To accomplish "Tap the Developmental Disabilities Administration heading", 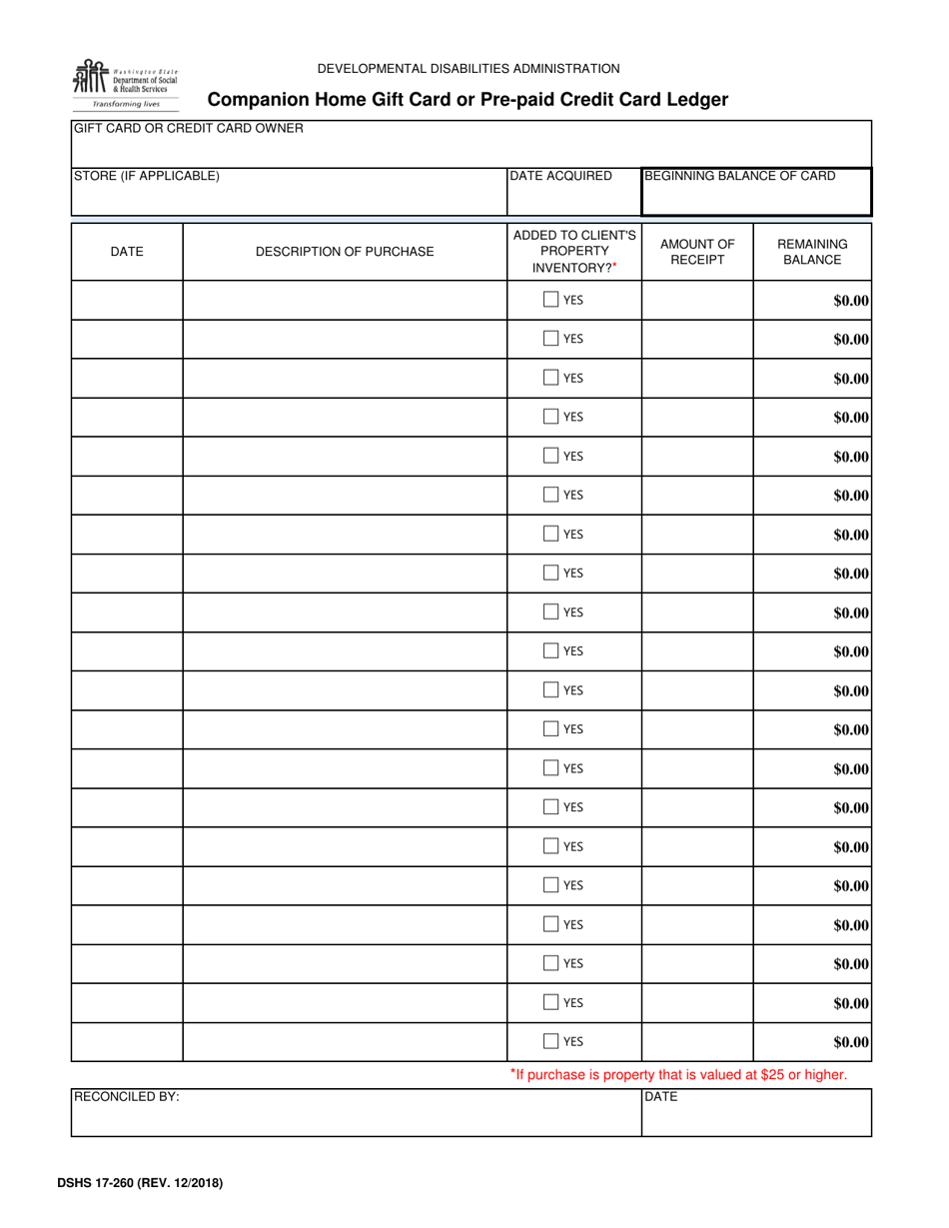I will pos(469,69).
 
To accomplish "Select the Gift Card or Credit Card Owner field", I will pos(470,150).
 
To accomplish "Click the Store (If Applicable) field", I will pos(288,197).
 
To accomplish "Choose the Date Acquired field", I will pos(573,197).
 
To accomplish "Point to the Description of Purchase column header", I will pos(345,252).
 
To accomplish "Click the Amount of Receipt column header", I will pos(697,252).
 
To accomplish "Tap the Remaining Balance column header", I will pos(812,252).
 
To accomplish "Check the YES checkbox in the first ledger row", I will pos(551,300).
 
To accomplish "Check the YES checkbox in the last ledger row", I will pos(551,1041).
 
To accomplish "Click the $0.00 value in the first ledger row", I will pos(851,301).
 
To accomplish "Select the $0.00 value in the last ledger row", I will pos(851,1042).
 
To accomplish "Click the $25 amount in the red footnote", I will pos(765,1075).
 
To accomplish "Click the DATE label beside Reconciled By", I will pos(661,1097).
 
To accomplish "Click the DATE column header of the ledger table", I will pos(126,252).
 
